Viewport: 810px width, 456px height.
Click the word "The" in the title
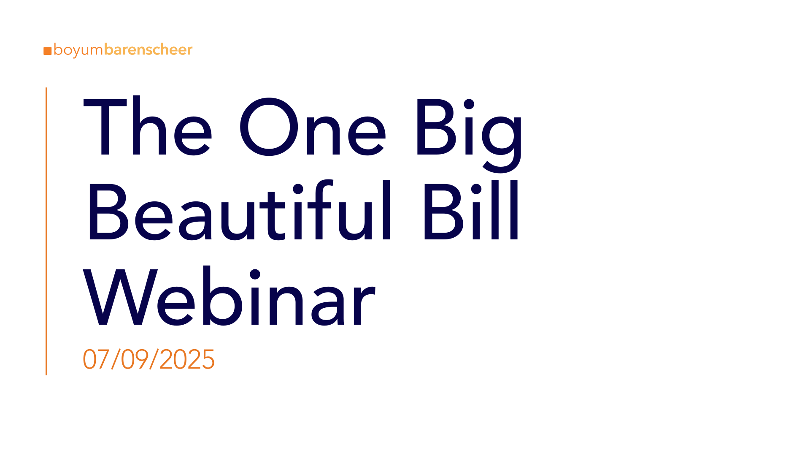(x=148, y=126)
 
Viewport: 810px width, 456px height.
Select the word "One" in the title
(x=313, y=126)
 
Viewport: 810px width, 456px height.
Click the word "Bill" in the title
(x=471, y=210)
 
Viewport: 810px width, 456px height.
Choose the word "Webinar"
(x=229, y=296)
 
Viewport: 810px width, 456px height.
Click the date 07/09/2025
(x=148, y=360)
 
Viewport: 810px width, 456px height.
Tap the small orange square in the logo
(x=47, y=51)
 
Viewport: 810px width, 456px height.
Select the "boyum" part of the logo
(x=78, y=50)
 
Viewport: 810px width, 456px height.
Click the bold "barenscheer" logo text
(x=148, y=49)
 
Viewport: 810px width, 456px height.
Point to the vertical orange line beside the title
(x=46, y=231)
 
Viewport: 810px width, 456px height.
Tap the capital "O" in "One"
(x=269, y=126)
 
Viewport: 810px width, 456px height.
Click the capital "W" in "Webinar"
(x=120, y=297)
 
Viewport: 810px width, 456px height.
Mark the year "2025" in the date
(x=187, y=360)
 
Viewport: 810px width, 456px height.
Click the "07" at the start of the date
(x=96, y=360)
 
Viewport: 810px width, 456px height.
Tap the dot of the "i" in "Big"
(x=469, y=104)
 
